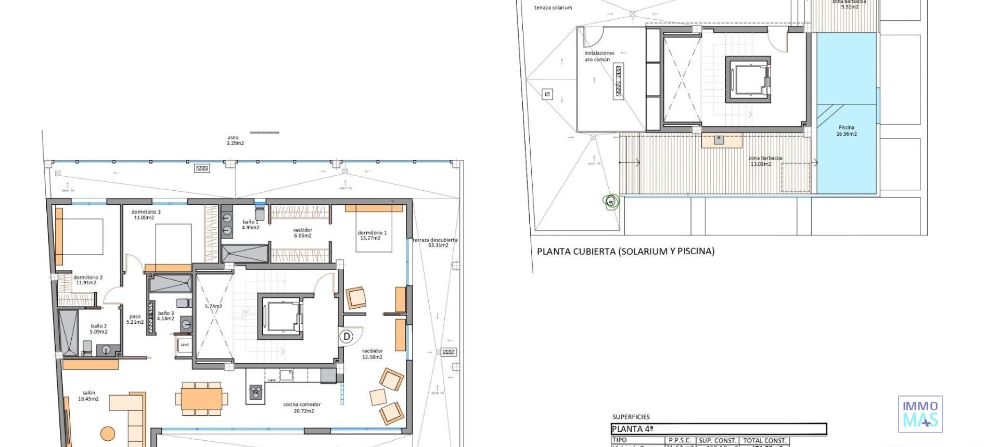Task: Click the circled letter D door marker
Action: (x=347, y=336)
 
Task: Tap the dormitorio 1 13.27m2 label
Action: (x=372, y=235)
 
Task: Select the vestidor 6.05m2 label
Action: (x=302, y=232)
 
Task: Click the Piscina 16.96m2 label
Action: (x=846, y=130)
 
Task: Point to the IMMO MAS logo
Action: (x=920, y=414)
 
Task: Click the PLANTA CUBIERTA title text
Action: (x=625, y=251)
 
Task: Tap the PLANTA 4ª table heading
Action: (x=632, y=429)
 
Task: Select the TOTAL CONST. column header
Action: (x=764, y=440)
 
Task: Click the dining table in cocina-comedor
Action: (x=201, y=399)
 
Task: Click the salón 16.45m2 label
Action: (x=88, y=396)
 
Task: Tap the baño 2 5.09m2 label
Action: (x=98, y=328)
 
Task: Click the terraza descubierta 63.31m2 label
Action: (x=435, y=242)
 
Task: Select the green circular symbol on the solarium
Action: (x=612, y=201)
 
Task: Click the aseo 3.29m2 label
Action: (x=234, y=140)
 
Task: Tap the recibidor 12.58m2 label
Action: (x=372, y=354)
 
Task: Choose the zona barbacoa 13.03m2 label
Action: (x=764, y=161)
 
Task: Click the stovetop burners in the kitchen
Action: (x=255, y=391)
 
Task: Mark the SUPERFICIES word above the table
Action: (x=631, y=417)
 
